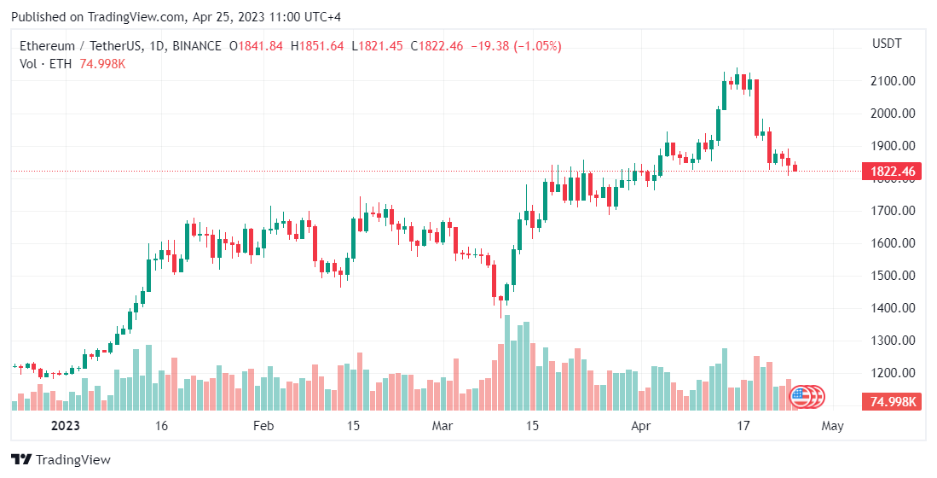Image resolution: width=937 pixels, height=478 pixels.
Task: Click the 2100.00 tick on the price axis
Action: [x=894, y=81]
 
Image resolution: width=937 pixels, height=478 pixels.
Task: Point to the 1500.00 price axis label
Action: [x=894, y=276]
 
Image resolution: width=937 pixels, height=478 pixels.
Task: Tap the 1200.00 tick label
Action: [x=894, y=373]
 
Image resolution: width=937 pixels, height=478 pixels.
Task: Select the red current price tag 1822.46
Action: [x=893, y=172]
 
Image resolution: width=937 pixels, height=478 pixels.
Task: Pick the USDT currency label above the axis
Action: [x=887, y=44]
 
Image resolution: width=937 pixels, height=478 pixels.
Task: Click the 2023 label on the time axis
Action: [x=65, y=425]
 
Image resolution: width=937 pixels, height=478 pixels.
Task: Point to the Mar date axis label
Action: [x=442, y=425]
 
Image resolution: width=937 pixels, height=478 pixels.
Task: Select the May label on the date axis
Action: [x=832, y=425]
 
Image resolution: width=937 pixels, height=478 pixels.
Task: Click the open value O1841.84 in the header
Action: [x=256, y=46]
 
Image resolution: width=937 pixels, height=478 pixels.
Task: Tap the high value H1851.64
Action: [x=317, y=46]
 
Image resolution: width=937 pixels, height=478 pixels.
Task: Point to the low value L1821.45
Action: [x=377, y=46]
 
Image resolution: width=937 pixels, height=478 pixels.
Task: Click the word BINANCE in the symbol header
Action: [x=196, y=46]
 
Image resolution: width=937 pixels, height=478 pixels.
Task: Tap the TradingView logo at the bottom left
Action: [x=61, y=459]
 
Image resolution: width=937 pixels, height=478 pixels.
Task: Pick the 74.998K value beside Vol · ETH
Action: [x=102, y=64]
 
